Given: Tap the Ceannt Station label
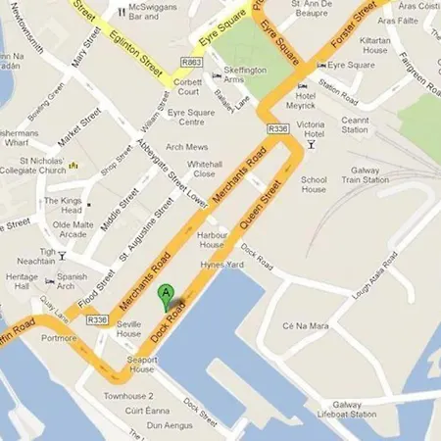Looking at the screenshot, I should [355, 124].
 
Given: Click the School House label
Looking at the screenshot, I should [314, 184].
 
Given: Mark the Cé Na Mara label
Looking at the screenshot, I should [302, 325].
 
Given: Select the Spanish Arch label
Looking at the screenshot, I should [71, 282].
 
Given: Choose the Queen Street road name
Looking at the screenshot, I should [262, 203].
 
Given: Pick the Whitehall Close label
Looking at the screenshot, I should [204, 168].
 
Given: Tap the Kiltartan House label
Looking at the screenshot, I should [377, 45].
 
